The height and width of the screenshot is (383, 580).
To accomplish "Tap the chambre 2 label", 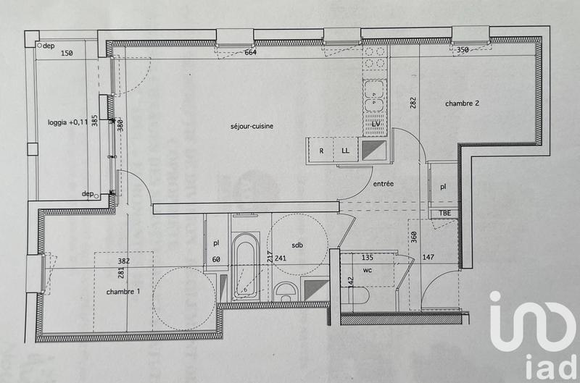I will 462,104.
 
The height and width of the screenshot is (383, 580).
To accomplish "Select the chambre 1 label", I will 123,292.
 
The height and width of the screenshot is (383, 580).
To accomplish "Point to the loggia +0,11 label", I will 67,122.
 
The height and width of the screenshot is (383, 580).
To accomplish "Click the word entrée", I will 383,185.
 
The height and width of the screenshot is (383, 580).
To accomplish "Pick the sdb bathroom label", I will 297,245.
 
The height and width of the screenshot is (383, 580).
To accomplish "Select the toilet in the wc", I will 355,296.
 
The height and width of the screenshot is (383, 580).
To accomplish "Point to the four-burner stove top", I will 376,57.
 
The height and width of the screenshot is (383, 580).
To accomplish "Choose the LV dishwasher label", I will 376,125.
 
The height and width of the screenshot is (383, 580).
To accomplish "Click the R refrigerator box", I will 320,151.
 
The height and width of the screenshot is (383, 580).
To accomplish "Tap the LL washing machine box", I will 346,151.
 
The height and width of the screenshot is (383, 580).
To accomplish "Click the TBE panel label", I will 443,213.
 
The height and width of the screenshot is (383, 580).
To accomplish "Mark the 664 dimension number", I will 251,52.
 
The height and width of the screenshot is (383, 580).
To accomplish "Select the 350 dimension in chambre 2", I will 463,50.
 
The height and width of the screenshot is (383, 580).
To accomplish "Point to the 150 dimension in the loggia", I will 67,53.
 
